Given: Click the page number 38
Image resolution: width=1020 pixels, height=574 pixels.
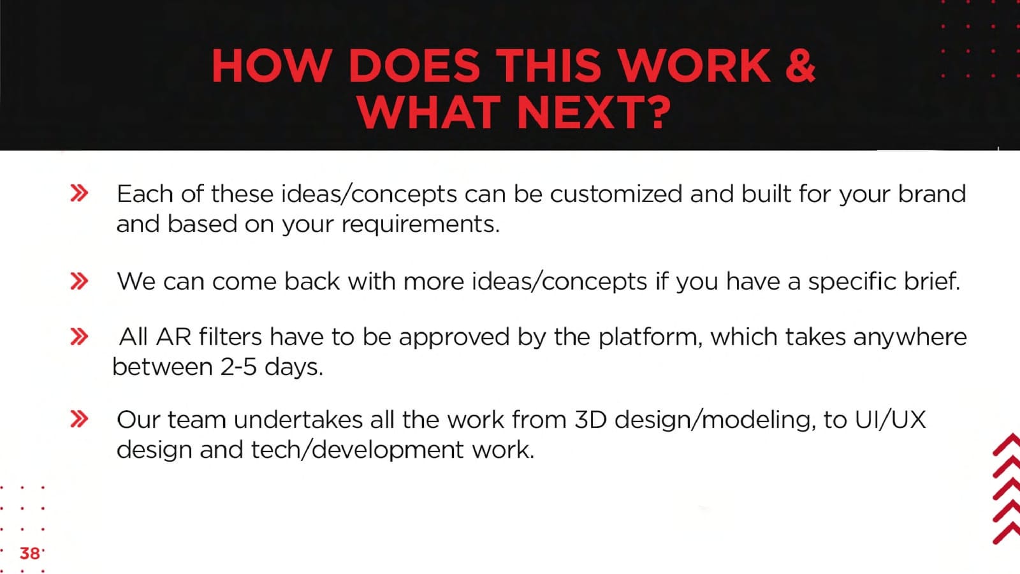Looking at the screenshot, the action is point(29,554).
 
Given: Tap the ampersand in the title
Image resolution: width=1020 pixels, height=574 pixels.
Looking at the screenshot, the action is point(799,66).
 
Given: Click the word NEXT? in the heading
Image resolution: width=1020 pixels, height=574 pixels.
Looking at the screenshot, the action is point(594,112).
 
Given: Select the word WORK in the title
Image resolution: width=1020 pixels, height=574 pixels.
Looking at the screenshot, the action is point(695,66).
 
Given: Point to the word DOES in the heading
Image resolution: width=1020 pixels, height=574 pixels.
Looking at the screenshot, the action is point(414,66).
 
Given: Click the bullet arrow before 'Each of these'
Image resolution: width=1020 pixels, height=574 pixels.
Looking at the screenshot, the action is point(79,194).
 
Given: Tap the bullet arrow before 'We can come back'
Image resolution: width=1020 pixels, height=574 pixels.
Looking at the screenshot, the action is point(79,281).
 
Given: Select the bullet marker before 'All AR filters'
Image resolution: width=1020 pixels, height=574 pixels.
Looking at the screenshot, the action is point(79,337).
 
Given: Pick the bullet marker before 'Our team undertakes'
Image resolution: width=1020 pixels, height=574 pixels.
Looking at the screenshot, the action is point(79,419).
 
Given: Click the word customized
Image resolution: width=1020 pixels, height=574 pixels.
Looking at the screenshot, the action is point(616,194).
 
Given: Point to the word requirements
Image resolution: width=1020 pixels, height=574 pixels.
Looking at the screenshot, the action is point(420,224).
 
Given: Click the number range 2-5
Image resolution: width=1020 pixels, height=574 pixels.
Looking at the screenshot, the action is point(238,367).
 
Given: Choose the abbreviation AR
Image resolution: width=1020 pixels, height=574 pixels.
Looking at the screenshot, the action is point(173,337).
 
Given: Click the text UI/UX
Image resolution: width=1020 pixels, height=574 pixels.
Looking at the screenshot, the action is point(890,420).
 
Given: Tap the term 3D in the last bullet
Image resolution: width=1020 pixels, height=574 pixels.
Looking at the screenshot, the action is point(590,420).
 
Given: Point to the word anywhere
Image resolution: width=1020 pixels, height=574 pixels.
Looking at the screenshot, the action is point(910,337).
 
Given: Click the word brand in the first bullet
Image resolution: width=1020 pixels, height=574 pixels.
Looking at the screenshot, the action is point(931,194).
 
